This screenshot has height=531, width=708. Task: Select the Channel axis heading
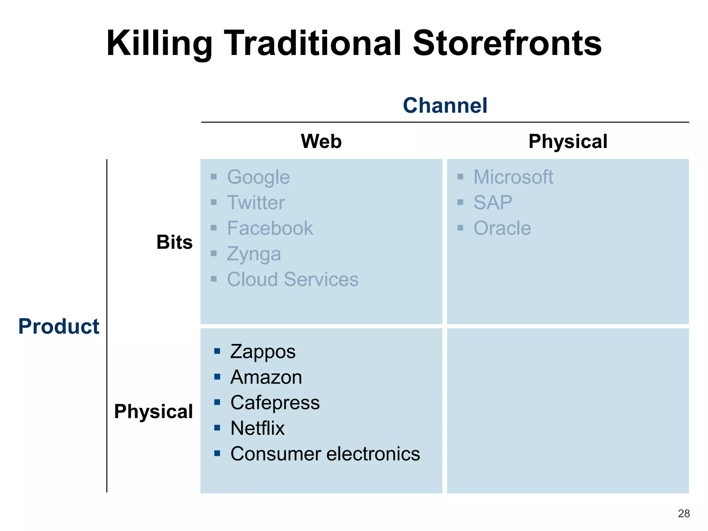[445, 105]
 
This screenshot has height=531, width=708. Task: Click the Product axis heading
[59, 326]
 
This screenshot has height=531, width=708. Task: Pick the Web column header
[321, 141]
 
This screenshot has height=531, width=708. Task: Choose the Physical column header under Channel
[568, 141]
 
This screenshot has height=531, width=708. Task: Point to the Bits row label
[174, 242]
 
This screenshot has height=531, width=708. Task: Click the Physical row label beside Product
[153, 411]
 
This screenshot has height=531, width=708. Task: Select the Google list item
[258, 177]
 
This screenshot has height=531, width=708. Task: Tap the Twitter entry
[256, 203]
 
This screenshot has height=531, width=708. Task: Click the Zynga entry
[254, 254]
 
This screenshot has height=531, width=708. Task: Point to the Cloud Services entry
[292, 279]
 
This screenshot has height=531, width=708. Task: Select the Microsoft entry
[513, 177]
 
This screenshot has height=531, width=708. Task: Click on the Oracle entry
[502, 228]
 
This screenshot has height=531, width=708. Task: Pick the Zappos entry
[263, 352]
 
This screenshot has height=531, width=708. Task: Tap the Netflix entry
[258, 428]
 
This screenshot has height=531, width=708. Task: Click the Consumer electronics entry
[325, 454]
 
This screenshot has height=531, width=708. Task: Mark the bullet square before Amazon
[217, 377]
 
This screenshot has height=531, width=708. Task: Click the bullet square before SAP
[460, 202]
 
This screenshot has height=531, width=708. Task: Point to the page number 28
[684, 513]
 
